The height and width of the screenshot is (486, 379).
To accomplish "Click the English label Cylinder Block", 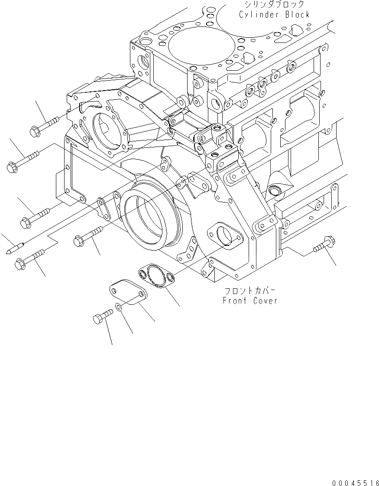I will point(275,14).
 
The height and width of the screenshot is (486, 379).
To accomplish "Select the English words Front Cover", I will point(250,300).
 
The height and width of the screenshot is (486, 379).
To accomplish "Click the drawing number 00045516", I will point(355,482).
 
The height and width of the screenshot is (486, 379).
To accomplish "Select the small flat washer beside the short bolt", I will point(119,309).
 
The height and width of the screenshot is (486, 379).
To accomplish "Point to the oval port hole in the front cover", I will point(225,236).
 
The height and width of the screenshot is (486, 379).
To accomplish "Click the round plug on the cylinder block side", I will point(274,191).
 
